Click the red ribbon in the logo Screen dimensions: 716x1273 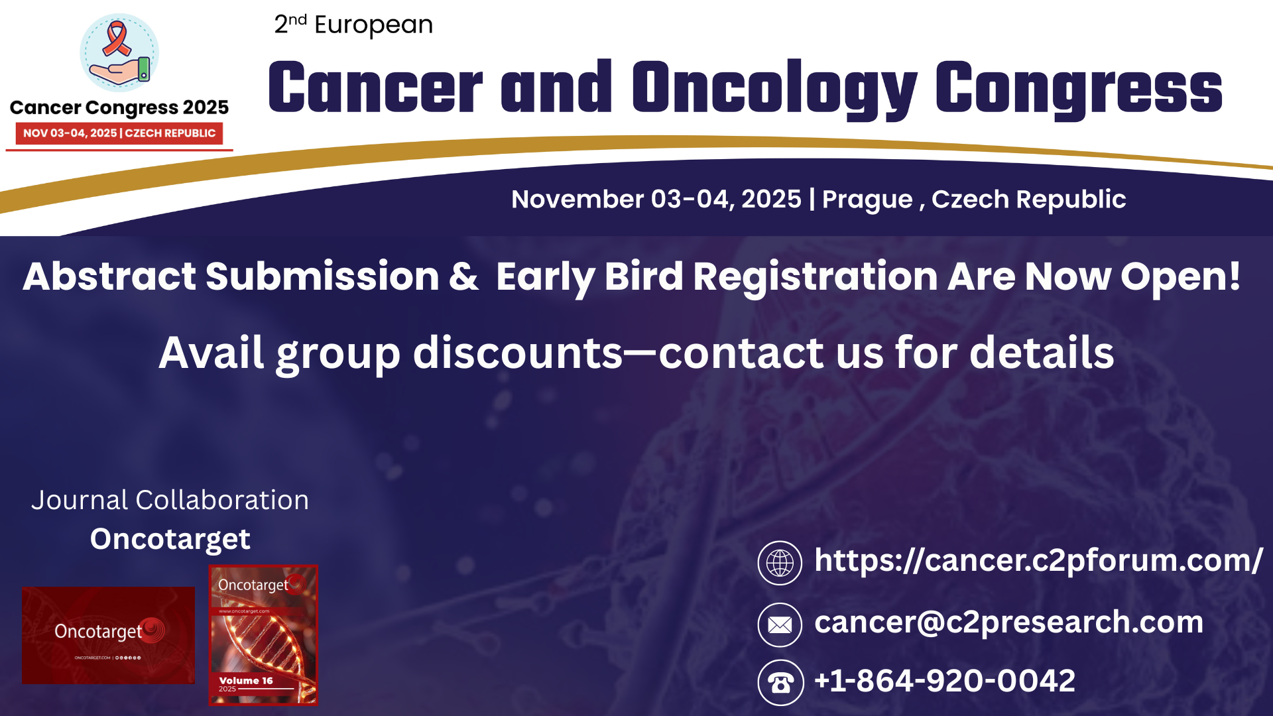(x=117, y=38)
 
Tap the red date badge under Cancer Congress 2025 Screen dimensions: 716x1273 (x=119, y=133)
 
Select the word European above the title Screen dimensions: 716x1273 (x=373, y=25)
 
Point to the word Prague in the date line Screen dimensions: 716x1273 (x=867, y=200)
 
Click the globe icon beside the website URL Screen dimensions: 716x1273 (x=780, y=563)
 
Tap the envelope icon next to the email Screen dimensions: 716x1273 (x=780, y=625)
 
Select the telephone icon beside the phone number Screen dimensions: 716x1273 (x=780, y=682)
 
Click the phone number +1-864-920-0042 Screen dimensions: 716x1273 (x=944, y=681)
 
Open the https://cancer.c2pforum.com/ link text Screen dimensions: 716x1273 (x=1038, y=561)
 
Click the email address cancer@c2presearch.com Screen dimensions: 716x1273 (x=1008, y=622)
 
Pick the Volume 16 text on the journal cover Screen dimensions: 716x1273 (x=246, y=681)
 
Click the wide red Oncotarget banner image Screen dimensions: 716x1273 (x=108, y=634)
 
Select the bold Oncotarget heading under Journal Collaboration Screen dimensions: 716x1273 (x=170, y=539)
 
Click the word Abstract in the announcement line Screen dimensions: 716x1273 (x=109, y=276)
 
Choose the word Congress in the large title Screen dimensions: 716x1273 (x=1078, y=88)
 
